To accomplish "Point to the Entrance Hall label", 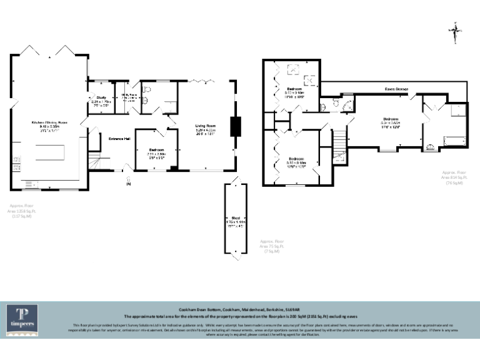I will click(119, 139).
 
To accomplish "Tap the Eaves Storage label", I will click(396, 89).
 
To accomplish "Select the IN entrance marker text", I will click(129, 184).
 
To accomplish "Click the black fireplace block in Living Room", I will click(235, 126).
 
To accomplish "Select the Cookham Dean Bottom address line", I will click(239, 309).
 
